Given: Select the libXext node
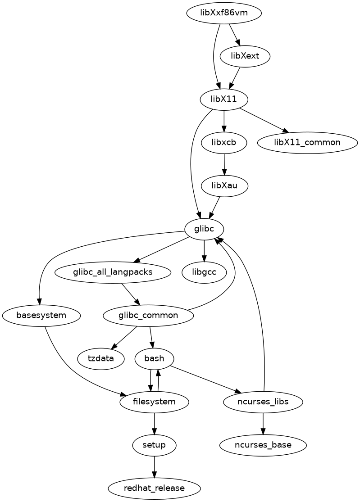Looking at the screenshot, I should [245, 56].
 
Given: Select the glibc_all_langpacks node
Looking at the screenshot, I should [113, 272].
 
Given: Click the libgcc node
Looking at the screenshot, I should [205, 272].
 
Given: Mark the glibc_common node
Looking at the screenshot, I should [148, 315].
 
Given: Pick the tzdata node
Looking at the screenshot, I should [101, 358].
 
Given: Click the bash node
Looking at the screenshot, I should [155, 358].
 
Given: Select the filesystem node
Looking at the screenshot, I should [155, 401].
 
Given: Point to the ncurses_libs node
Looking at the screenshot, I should [263, 401].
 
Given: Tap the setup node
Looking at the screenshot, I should [155, 445].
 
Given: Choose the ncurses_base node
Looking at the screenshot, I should [263, 445].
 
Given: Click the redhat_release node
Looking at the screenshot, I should [155, 488].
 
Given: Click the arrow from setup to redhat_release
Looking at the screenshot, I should [155, 466].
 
